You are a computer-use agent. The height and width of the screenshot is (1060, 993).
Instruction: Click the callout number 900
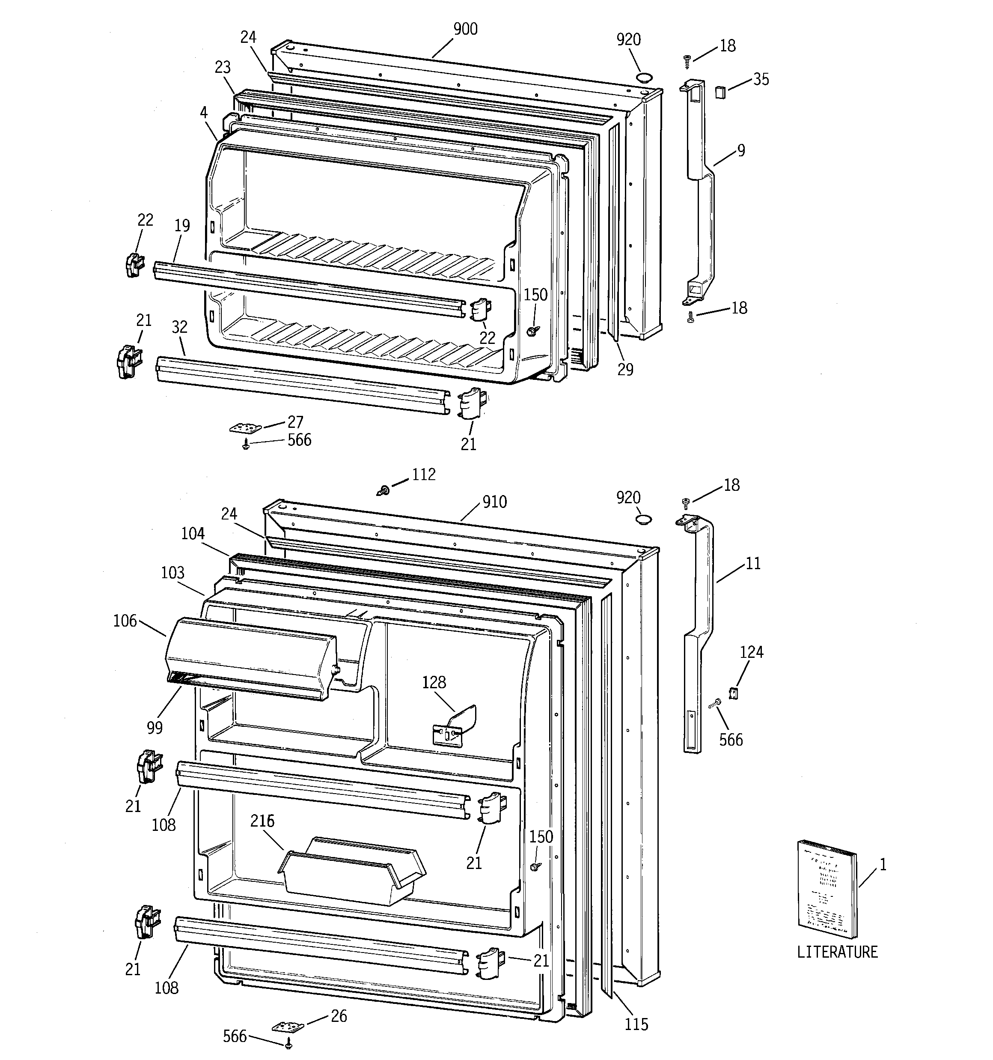tap(465, 29)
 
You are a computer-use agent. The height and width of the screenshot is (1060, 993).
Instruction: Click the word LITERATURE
tap(837, 952)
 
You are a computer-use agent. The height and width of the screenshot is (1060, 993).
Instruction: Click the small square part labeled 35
tap(719, 92)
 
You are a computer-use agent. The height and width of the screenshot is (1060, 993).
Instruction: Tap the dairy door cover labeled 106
tap(250, 659)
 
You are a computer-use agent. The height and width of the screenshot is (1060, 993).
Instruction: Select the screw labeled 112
tap(383, 489)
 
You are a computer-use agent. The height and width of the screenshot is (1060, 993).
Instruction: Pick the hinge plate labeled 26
tap(288, 1027)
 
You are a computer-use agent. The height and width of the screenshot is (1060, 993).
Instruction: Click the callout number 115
tap(636, 1024)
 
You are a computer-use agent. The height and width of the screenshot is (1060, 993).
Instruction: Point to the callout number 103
tap(172, 573)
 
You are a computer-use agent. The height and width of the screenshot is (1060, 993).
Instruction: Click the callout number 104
tap(193, 533)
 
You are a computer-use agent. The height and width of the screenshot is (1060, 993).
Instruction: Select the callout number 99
tap(155, 727)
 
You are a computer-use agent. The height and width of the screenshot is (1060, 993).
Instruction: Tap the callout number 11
tap(752, 563)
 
